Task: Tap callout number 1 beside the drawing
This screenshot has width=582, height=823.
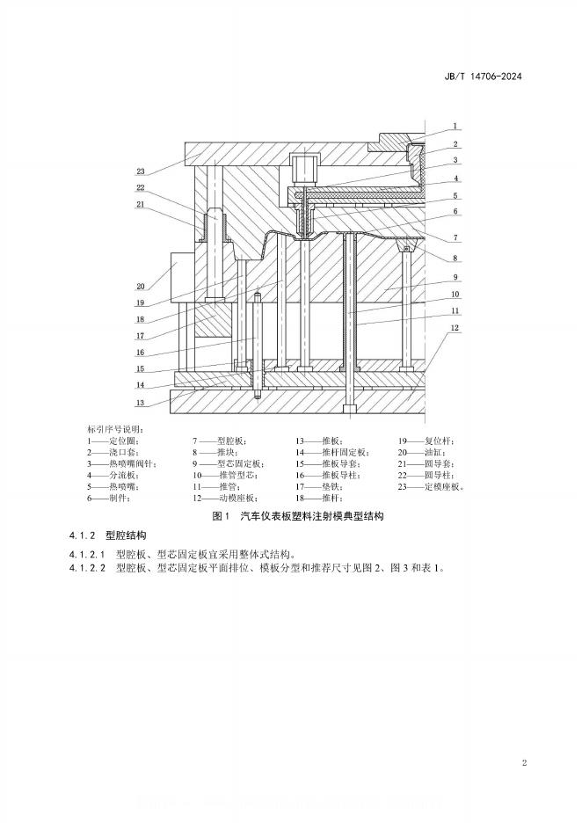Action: click(455, 126)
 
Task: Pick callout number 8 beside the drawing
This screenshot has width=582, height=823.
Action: click(455, 258)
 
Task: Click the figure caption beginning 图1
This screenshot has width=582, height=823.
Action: click(299, 517)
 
